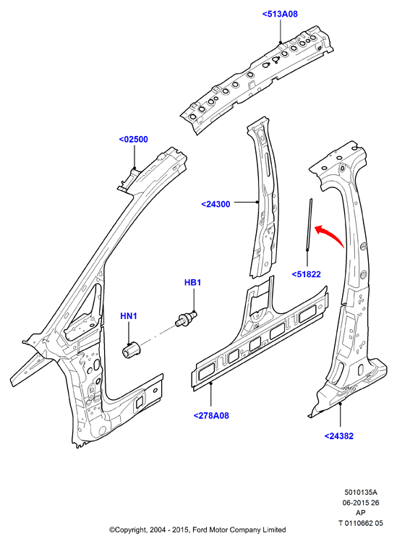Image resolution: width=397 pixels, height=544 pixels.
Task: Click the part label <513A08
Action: click(280, 14)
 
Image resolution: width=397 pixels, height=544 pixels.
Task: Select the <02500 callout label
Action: click(134, 140)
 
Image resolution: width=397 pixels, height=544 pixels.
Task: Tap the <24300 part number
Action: click(215, 204)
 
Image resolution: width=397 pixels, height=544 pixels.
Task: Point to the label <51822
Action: click(306, 274)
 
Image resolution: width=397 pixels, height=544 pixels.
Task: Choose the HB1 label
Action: click(193, 282)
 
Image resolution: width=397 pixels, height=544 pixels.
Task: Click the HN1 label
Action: click(129, 316)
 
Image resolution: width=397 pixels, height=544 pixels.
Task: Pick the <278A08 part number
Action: click(211, 416)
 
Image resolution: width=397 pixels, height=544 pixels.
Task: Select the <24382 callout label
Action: click(338, 436)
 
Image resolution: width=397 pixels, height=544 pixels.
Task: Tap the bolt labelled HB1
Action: click(187, 318)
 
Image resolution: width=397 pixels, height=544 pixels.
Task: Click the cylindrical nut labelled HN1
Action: click(131, 349)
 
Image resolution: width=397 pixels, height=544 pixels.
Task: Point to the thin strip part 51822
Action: click(309, 225)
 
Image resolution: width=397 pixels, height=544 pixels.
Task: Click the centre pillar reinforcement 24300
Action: click(264, 197)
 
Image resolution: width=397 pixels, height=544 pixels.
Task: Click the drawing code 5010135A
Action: click(361, 493)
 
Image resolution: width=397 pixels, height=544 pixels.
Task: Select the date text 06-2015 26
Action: click(361, 503)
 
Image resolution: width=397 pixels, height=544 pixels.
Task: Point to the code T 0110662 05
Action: click(361, 523)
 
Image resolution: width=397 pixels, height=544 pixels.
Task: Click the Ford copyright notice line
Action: click(197, 530)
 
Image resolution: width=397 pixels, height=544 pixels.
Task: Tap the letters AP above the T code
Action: click(361, 513)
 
